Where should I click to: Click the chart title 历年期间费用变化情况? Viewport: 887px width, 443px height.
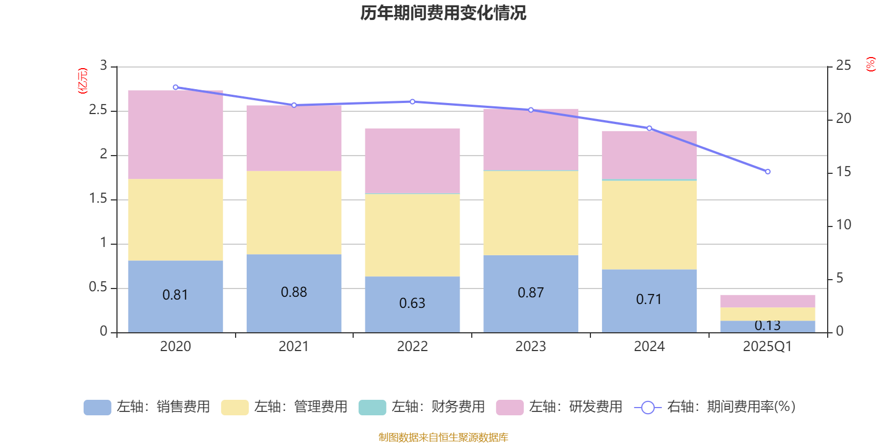443,13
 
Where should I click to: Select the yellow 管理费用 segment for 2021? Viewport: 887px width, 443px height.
294,213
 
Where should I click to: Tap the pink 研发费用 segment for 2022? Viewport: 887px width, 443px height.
412,161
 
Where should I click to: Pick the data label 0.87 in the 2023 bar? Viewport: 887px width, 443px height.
531,293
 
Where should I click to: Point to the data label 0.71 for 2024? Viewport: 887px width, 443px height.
649,300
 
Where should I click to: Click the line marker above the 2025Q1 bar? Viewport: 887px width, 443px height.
768,172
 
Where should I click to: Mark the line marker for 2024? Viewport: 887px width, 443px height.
649,128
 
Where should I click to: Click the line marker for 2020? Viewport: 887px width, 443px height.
175,87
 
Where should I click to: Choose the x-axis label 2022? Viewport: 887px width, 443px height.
412,347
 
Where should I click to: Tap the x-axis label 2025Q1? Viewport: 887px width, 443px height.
767,347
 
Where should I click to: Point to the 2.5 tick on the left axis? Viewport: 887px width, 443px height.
98,110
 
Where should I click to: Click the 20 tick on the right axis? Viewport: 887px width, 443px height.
843,119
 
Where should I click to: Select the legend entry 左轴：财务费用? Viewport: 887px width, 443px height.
422,407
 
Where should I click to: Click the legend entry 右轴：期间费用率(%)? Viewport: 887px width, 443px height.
715,407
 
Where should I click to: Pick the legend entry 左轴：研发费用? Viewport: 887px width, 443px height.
559,407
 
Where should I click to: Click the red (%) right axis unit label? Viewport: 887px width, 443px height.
871,64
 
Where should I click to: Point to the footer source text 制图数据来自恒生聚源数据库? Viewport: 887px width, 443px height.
443,437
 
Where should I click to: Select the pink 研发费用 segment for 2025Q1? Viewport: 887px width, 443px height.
768,301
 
